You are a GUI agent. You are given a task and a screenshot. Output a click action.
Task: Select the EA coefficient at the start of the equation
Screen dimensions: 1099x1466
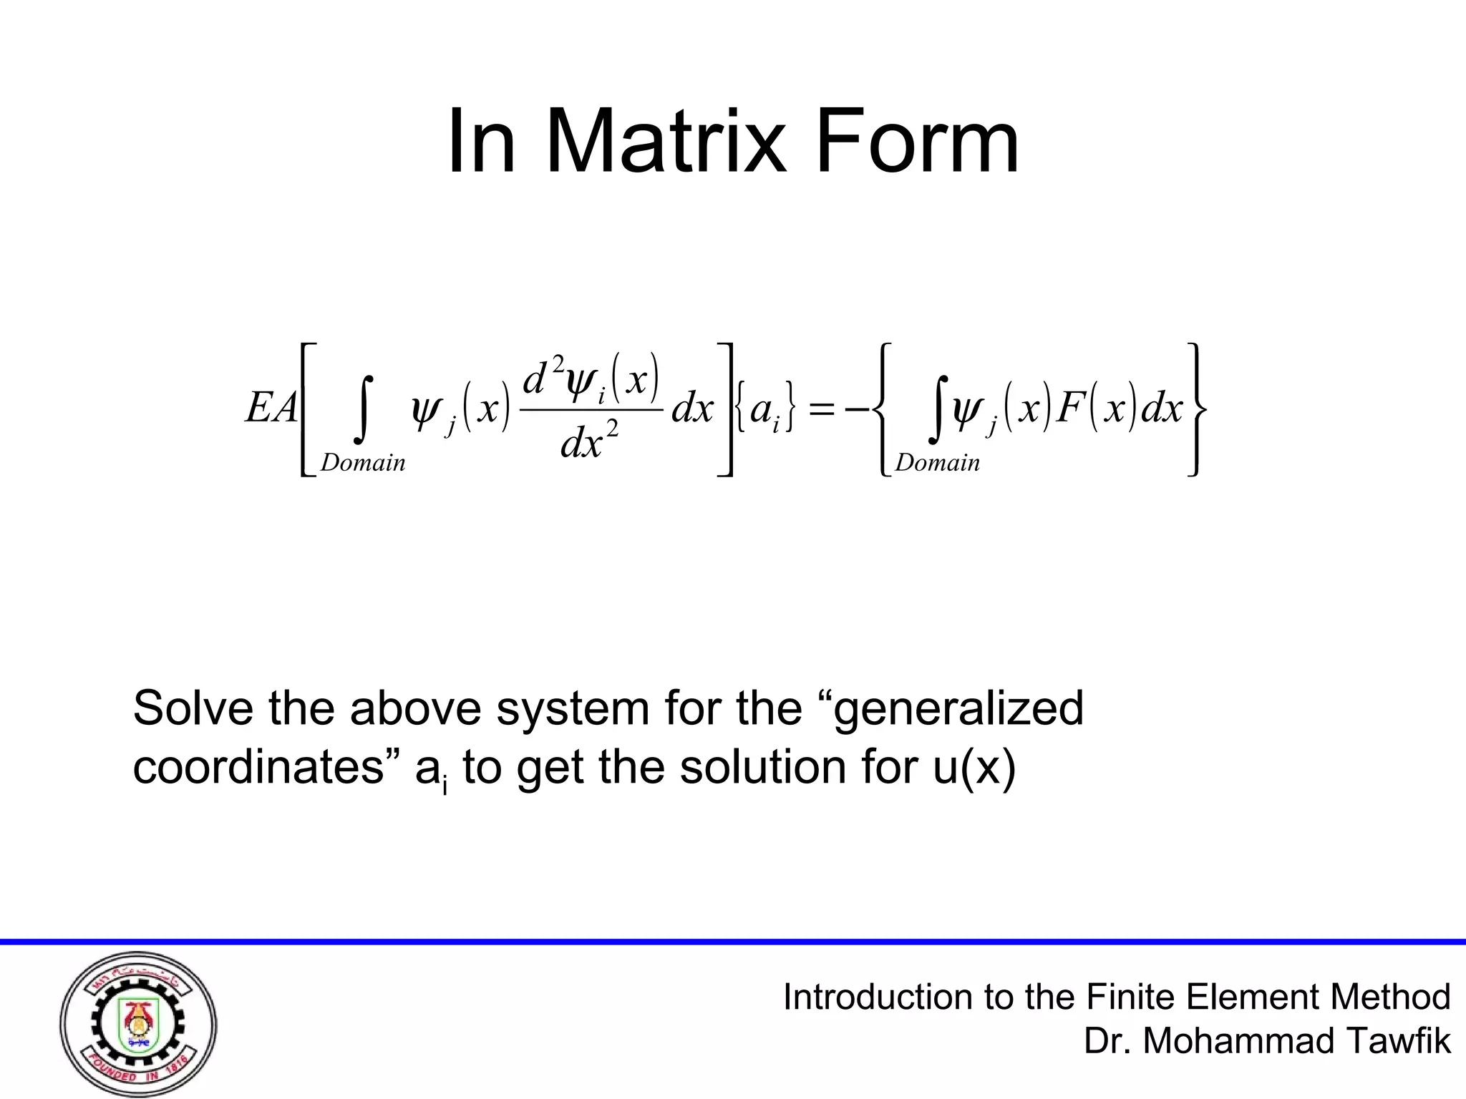pyautogui.click(x=271, y=409)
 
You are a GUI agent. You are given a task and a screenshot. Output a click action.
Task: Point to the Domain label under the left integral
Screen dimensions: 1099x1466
pyautogui.click(x=363, y=463)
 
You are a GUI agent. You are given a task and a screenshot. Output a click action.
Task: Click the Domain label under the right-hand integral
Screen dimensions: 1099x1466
pyautogui.click(x=937, y=463)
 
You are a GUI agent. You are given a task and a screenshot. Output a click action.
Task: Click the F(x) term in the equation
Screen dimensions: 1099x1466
pyautogui.click(x=1097, y=409)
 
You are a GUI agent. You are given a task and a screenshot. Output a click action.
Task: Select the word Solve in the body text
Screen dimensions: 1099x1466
pyautogui.click(x=193, y=708)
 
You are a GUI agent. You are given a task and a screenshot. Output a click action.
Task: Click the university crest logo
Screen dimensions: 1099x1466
pyautogui.click(x=138, y=1025)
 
